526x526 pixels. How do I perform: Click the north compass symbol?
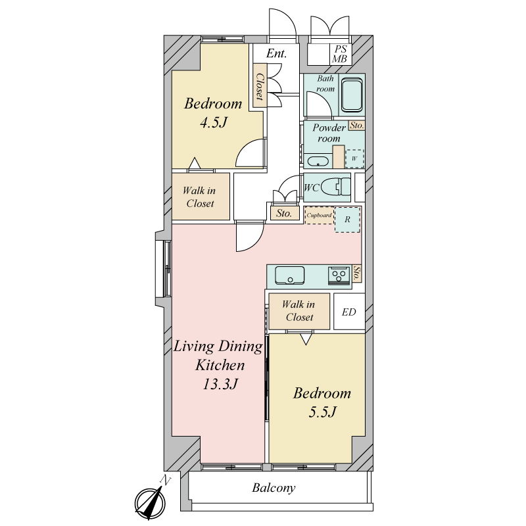pos(151,503)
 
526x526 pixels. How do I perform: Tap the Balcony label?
pos(274,488)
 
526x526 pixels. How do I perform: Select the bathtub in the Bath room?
pos(352,95)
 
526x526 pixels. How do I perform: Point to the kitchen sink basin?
pos(290,275)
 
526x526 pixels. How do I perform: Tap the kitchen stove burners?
pos(339,276)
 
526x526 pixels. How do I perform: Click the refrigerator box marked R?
pos(348,220)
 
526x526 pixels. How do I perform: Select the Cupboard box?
pos(319,216)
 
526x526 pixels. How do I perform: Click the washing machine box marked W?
pos(354,158)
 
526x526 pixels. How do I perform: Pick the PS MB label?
pos(339,55)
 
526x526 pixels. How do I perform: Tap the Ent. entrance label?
pos(276,53)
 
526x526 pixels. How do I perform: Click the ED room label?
pos(349,312)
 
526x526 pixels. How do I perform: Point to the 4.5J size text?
pos(214,122)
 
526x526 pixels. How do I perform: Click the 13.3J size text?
pos(220,384)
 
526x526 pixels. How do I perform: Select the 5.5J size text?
pos(322,412)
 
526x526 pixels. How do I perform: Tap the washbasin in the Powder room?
pos(318,161)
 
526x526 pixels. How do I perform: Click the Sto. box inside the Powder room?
pos(356,126)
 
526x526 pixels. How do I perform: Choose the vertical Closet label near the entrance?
pos(260,87)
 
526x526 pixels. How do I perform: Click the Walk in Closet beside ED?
pos(299,311)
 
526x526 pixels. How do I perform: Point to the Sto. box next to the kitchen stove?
pos(356,274)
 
